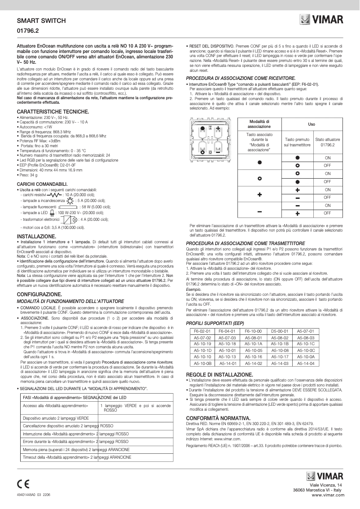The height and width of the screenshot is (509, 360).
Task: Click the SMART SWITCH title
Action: (41, 21)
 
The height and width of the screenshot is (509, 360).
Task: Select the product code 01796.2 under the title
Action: (28, 32)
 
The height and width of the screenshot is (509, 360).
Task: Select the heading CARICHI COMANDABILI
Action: (42, 184)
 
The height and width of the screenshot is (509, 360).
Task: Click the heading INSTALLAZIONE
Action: (36, 236)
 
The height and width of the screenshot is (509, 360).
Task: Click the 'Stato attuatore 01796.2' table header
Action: (327, 143)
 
